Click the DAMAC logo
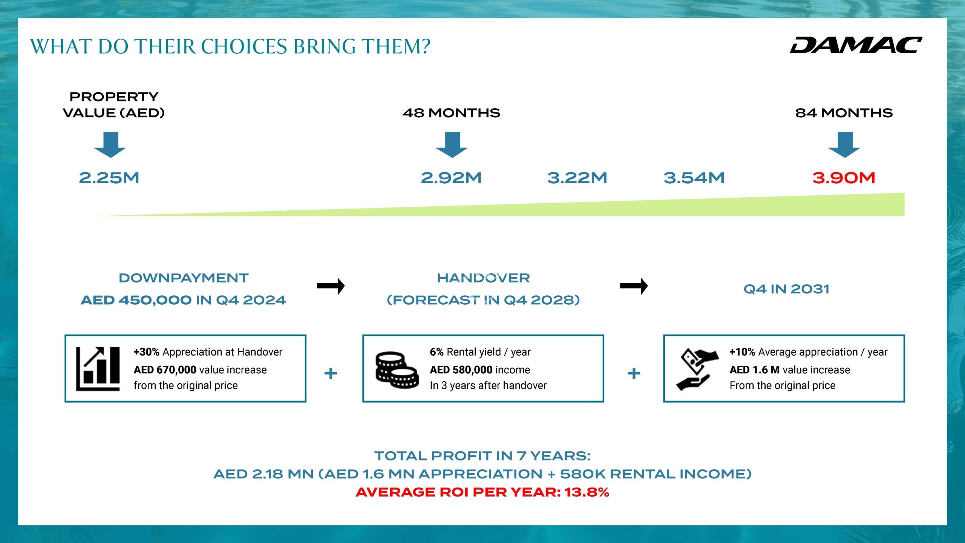pos(856,45)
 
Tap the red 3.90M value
pos(844,178)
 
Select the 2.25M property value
pos(109,178)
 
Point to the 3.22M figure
pos(577,178)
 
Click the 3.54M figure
pos(694,178)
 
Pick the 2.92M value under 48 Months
pos(451,178)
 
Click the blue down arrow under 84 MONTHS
pos(844,145)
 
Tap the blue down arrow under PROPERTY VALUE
pos(110,145)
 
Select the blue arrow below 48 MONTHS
pos(452,145)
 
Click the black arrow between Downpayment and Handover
pos(331,286)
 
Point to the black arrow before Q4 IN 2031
pos(634,286)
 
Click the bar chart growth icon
pos(98,369)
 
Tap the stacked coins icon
pos(397,370)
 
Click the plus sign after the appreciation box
pos(331,373)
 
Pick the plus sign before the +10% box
pos(634,373)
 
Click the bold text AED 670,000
pos(165,370)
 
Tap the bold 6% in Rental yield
pos(437,352)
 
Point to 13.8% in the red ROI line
pos(587,492)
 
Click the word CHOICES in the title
pos(244,47)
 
